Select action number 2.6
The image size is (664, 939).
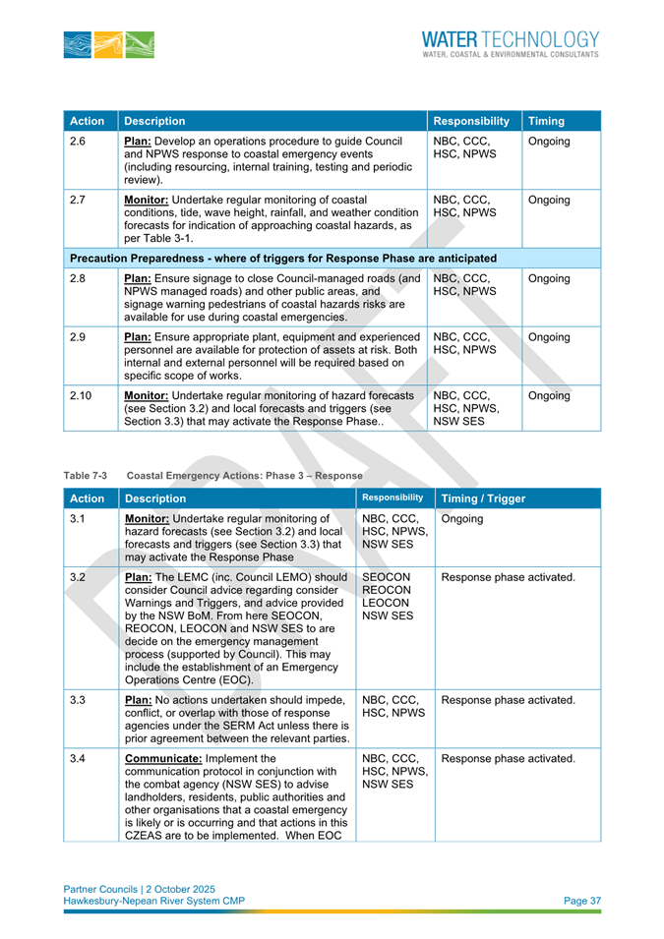coord(78,142)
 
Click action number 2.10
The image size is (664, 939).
coord(82,395)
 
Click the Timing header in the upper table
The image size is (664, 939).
coord(546,122)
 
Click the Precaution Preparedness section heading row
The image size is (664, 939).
coord(282,258)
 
